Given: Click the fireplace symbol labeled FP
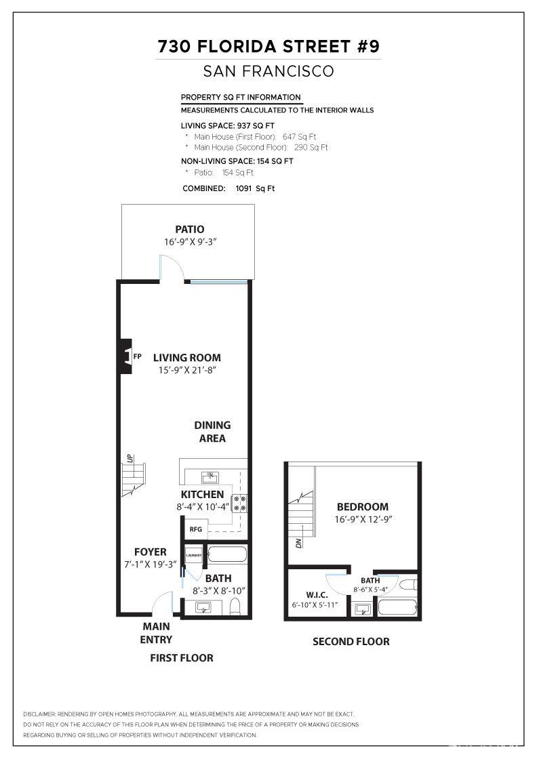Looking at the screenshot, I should tap(127, 355).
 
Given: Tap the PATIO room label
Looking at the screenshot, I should tap(190, 229).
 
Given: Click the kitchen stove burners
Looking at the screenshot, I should tap(240, 503).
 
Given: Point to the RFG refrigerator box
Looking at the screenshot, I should tap(196, 529).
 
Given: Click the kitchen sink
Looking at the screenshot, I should tap(210, 477).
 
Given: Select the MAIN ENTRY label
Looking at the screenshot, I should tap(157, 633).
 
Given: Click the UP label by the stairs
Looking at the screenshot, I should tap(128, 458).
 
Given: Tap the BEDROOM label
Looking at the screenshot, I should tap(363, 506).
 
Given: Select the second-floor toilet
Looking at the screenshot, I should tap(406, 584).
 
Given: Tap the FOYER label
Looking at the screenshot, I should tap(150, 552).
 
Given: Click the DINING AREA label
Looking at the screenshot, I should tap(212, 432).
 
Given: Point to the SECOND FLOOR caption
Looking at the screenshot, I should tap(351, 641).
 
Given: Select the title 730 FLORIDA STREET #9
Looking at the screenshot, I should tap(268, 46).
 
